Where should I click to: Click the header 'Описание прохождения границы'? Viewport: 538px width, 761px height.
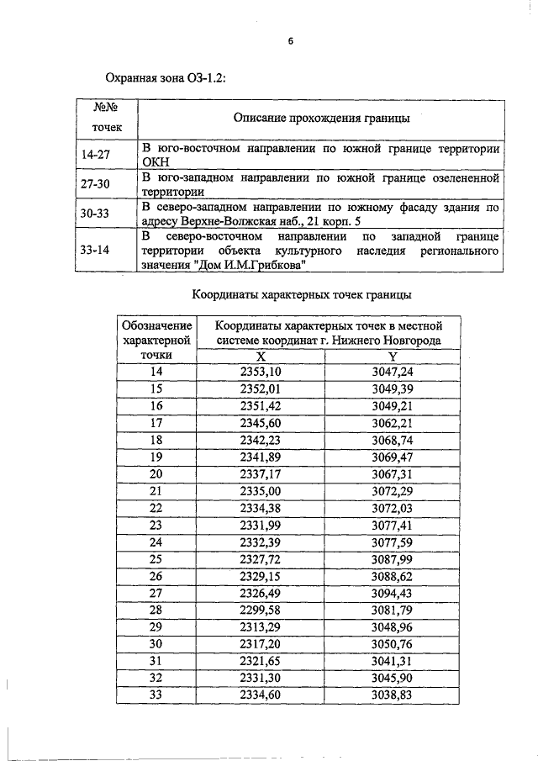click(322, 119)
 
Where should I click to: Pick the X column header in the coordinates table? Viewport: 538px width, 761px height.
click(261, 357)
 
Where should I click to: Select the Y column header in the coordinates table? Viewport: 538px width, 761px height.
click(393, 357)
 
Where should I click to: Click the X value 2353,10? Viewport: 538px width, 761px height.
click(261, 372)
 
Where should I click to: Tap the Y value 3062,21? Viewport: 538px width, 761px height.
click(393, 423)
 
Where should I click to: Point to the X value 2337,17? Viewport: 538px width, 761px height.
click(261, 474)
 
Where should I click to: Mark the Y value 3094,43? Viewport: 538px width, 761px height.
click(393, 594)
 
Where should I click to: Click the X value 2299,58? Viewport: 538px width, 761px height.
click(261, 610)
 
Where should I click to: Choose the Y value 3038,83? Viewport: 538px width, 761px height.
click(393, 695)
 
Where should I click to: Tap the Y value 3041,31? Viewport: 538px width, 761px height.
click(393, 662)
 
